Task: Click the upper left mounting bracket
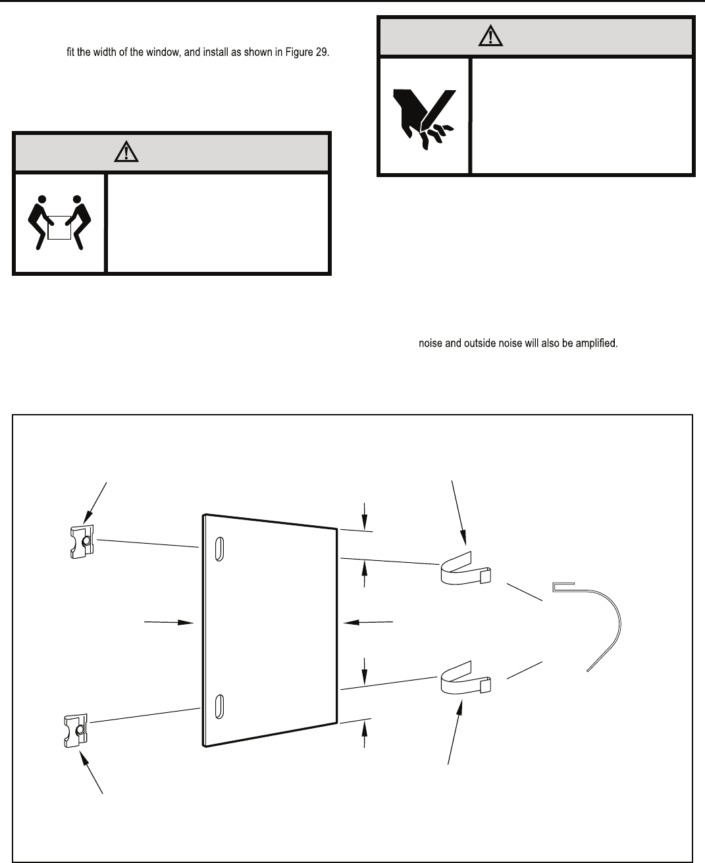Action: (81, 541)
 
